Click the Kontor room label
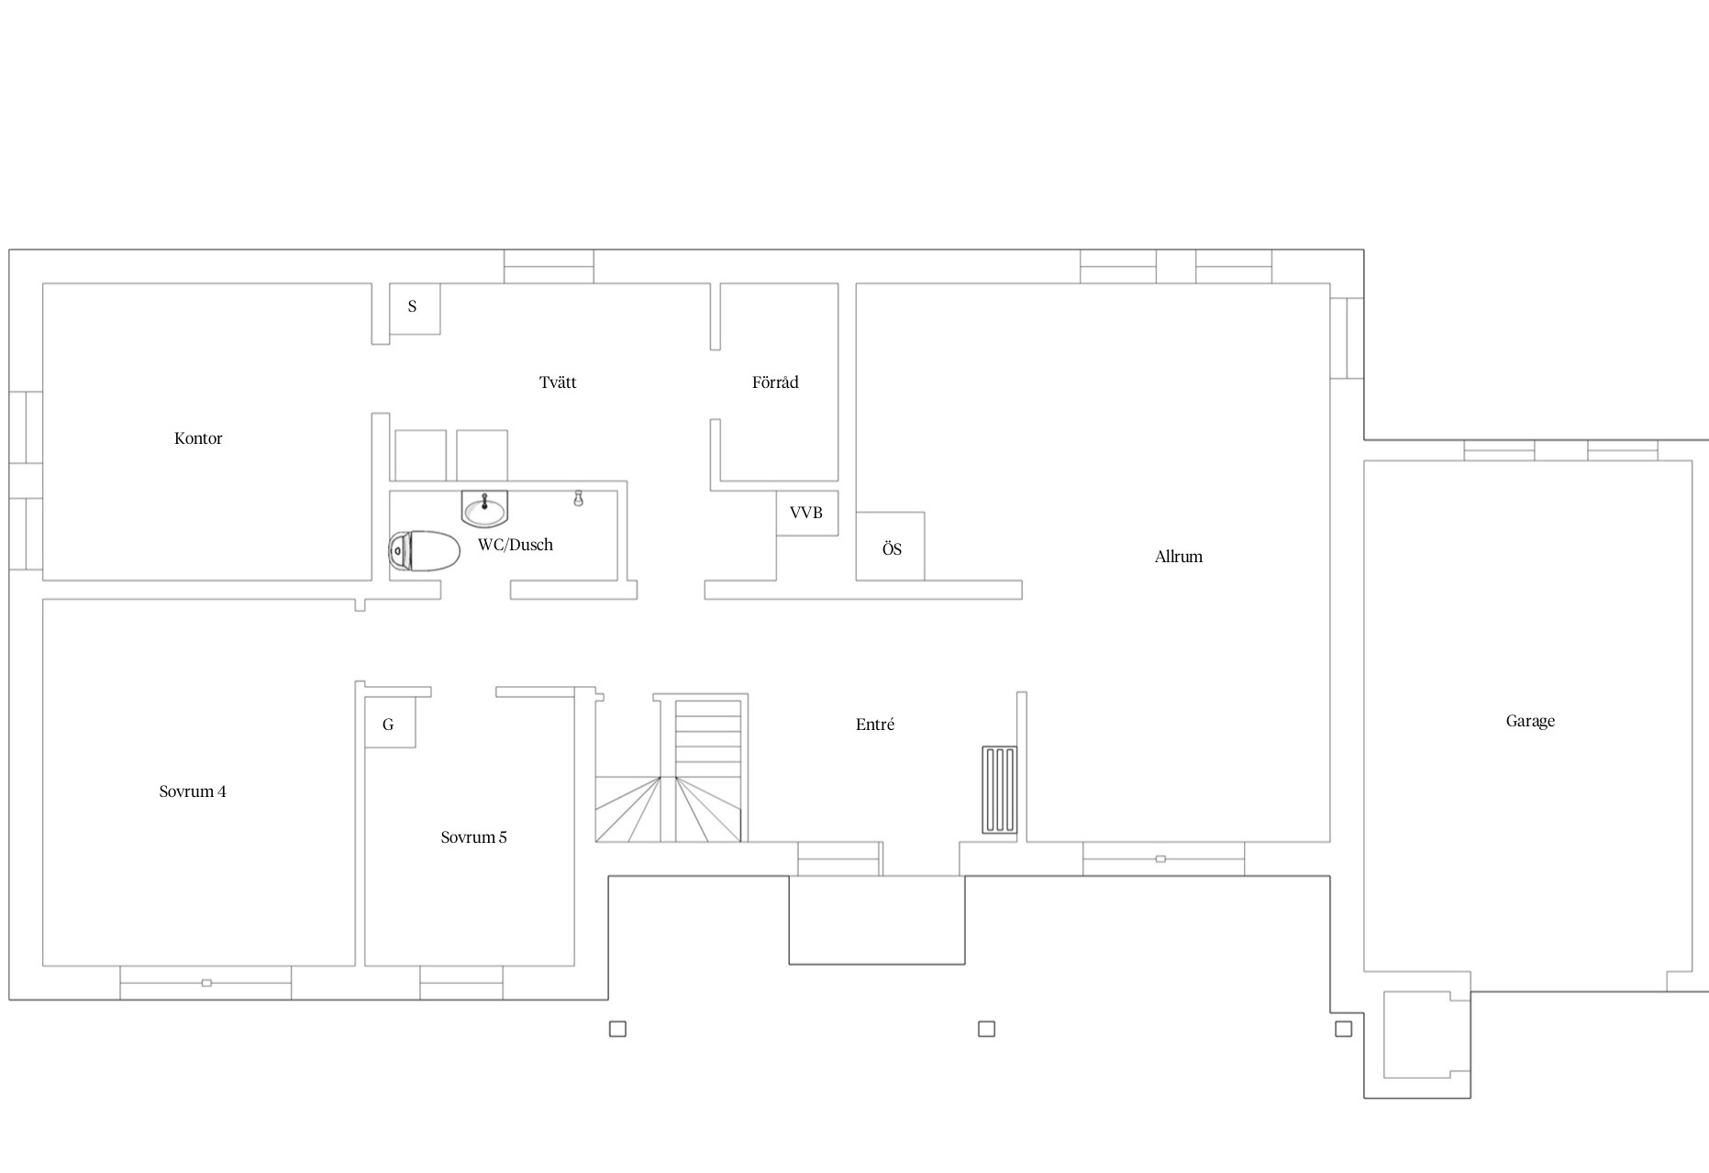[x=198, y=438]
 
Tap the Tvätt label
[x=558, y=382]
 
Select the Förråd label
[x=775, y=382]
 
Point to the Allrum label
[x=1179, y=557]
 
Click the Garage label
[x=1530, y=721]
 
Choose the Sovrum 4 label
[x=193, y=791]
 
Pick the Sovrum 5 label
[x=473, y=837]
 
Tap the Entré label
[x=875, y=725]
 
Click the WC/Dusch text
[x=516, y=545]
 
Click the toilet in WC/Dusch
[x=424, y=551]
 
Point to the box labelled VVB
[x=807, y=513]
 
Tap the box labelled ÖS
[x=891, y=547]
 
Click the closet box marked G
[x=390, y=723]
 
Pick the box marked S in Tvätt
[x=415, y=308]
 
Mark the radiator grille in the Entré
[x=999, y=790]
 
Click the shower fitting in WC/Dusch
[x=578, y=498]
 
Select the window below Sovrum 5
[x=461, y=982]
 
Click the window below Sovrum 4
[x=205, y=982]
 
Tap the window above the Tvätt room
[x=549, y=266]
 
